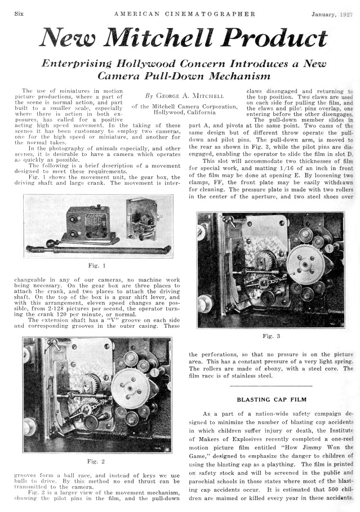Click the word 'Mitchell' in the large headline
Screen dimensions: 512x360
(x=165, y=38)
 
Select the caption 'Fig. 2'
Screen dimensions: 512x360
(x=97, y=461)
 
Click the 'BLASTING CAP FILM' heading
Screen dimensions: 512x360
(x=270, y=399)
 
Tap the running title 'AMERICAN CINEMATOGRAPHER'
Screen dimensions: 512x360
(x=184, y=14)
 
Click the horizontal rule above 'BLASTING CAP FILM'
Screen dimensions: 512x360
(x=270, y=385)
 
